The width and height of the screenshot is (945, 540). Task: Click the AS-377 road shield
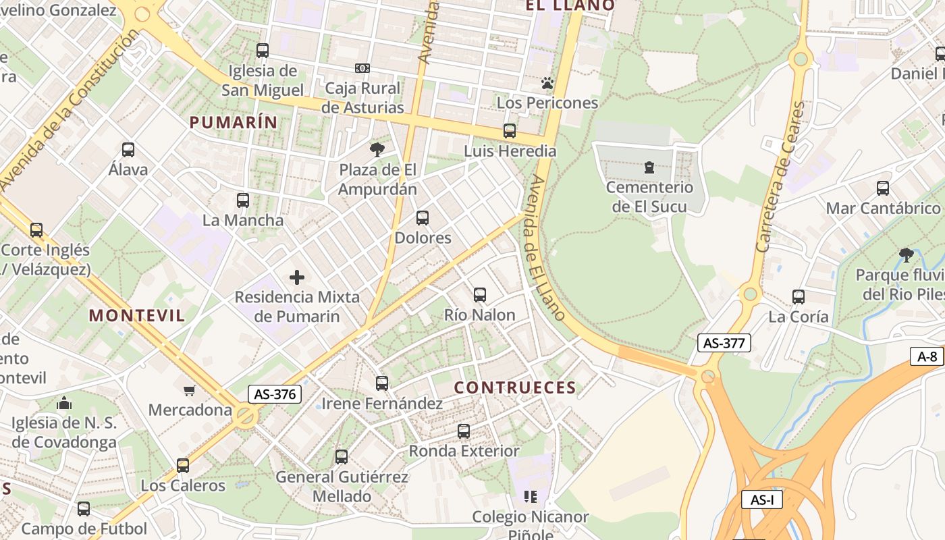tap(724, 343)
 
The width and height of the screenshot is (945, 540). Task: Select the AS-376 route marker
tap(274, 394)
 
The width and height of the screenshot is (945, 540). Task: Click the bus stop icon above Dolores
tap(423, 218)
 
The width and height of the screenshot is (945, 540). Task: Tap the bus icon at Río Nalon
tap(480, 295)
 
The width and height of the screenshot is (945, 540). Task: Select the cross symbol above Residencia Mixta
tap(297, 277)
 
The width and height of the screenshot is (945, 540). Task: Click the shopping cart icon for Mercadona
tap(190, 390)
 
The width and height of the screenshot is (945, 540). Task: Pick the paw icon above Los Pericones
tap(547, 83)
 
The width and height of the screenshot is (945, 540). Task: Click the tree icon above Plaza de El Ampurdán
tap(377, 150)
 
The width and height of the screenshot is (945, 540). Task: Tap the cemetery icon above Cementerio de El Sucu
tap(649, 167)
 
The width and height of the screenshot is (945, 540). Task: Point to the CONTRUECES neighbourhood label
tap(515, 387)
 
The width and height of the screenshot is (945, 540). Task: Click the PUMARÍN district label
tap(234, 122)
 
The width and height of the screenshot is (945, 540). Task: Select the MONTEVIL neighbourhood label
tap(137, 315)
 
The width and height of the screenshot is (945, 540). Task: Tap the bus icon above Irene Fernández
tap(382, 383)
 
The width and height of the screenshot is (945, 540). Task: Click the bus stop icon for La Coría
tap(799, 296)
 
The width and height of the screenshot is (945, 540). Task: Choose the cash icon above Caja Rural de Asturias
tap(362, 68)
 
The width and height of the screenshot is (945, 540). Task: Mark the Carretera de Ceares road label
tap(781, 177)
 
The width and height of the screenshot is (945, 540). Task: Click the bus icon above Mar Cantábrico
tap(883, 188)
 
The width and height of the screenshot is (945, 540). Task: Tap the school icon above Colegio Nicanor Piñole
tap(531, 497)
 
